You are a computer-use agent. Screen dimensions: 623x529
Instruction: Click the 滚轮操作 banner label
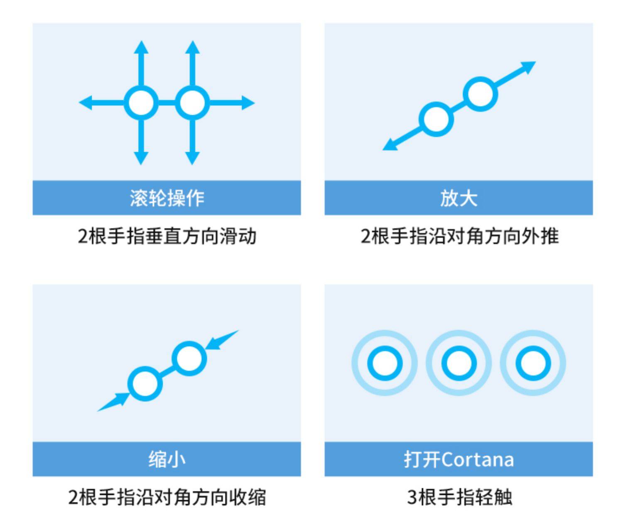(167, 198)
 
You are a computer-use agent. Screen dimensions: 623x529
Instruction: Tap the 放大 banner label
(459, 198)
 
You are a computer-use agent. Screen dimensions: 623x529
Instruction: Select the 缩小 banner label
(167, 459)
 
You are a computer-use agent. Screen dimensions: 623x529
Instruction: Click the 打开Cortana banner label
(459, 459)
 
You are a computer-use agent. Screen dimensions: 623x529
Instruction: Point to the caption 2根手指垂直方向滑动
(167, 236)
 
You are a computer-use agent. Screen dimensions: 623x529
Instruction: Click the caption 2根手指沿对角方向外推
(459, 236)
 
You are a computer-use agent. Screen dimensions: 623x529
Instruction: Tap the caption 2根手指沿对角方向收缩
(167, 497)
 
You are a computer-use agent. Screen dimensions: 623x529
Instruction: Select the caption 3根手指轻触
(459, 497)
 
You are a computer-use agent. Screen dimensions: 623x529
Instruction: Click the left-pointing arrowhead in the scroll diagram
(85, 103)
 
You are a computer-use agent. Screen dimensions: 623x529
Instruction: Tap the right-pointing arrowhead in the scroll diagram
(248, 103)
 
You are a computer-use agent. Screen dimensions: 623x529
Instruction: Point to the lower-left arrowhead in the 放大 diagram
(390, 145)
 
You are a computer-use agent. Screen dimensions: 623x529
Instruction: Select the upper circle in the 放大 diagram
(481, 94)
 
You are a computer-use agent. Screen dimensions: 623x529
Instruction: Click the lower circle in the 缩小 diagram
(145, 384)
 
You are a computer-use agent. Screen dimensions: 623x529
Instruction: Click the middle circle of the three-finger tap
(459, 363)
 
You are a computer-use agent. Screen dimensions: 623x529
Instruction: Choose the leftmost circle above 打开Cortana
(385, 363)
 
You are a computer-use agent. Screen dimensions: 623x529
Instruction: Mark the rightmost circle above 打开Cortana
(533, 363)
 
